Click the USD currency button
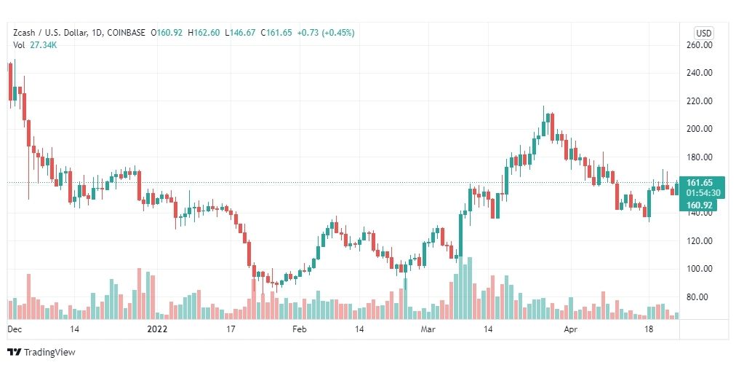(703, 33)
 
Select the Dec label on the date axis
(14, 330)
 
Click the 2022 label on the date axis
(157, 330)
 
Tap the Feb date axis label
(299, 330)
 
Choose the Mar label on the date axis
(429, 330)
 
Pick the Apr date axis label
(571, 330)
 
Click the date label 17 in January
(231, 330)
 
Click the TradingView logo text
(49, 353)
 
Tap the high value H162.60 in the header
(204, 33)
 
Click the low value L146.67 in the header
(240, 33)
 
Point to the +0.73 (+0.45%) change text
(326, 33)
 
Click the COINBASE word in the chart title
(127, 33)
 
